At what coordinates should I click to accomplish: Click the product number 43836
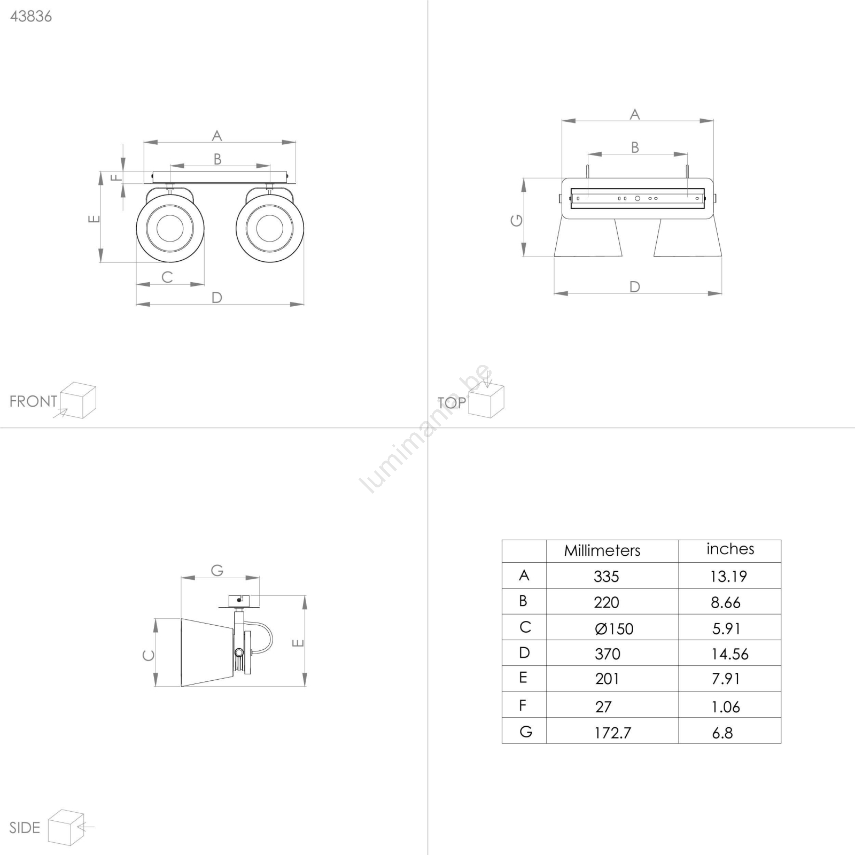point(31,17)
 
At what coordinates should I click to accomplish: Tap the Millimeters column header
point(602,550)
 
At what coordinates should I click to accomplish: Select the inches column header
point(730,549)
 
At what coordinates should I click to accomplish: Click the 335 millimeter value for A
point(606,576)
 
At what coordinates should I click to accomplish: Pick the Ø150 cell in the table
point(614,628)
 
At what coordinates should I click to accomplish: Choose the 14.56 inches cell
point(729,654)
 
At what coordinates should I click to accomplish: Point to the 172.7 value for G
point(612,733)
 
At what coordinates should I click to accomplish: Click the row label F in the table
point(523,705)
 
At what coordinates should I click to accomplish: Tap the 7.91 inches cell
point(726,679)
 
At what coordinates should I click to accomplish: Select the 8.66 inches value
point(725,602)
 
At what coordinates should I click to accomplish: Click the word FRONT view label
point(33,401)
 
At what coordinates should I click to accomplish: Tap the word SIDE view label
point(25,828)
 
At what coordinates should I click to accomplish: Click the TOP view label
point(452,403)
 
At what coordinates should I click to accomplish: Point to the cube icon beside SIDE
point(66,828)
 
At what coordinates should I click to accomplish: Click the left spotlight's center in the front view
point(170,228)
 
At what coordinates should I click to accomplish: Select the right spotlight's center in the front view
point(270,228)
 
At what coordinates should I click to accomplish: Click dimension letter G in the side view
point(217,571)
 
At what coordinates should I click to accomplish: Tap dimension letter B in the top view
point(635,147)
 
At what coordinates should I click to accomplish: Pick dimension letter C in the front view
point(167,277)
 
